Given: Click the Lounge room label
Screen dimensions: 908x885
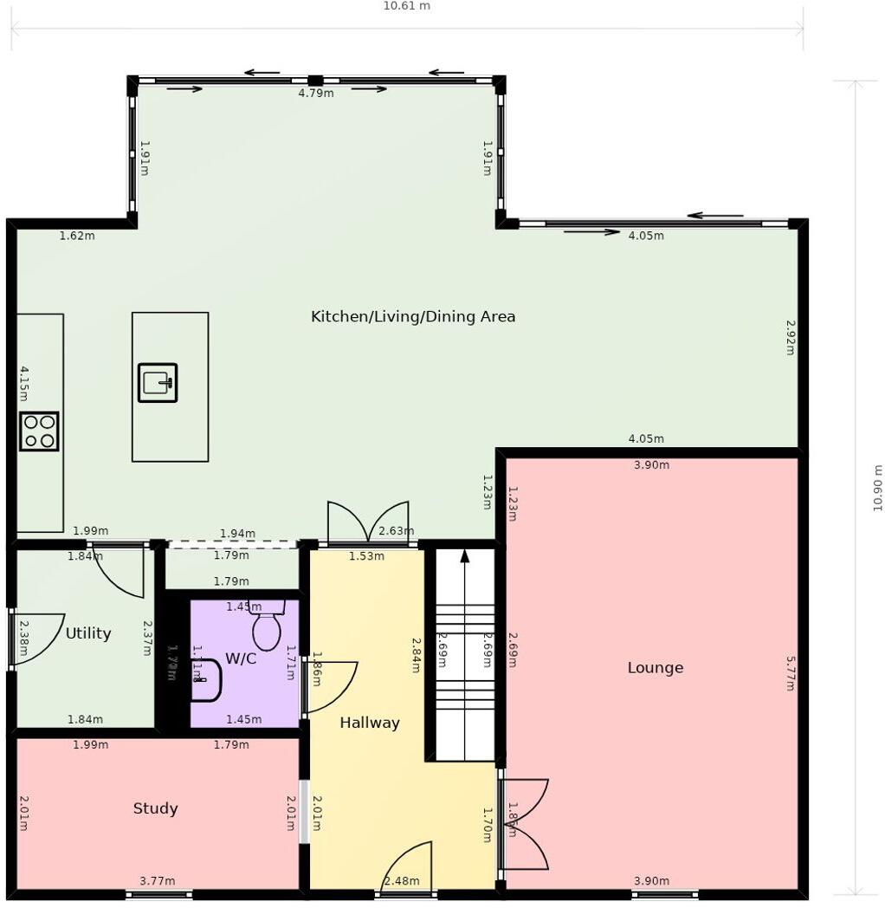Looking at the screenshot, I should click(656, 668).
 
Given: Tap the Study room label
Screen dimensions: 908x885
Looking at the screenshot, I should click(155, 808).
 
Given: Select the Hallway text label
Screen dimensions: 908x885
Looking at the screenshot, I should click(370, 723).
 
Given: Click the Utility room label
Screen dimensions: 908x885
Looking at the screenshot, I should click(88, 633).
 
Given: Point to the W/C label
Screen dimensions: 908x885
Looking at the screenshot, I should click(241, 658).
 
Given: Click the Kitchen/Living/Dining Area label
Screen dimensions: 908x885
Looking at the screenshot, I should click(413, 316).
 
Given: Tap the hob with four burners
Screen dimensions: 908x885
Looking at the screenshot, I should click(39, 431).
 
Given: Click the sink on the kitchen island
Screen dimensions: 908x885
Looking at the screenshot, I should click(158, 382).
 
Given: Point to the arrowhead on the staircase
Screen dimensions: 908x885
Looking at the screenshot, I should click(465, 555).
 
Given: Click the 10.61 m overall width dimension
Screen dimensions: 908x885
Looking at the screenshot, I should click(406, 6).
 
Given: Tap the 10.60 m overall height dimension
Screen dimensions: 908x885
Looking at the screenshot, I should click(878, 488).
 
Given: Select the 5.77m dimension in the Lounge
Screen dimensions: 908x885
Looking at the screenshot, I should click(790, 672).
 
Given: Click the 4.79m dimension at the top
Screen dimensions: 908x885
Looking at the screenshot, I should click(316, 94).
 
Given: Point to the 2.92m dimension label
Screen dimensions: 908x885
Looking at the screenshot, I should click(790, 338).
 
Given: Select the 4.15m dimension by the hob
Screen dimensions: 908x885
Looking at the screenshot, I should click(24, 384).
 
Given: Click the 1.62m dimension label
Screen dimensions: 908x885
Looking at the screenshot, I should click(77, 236).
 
